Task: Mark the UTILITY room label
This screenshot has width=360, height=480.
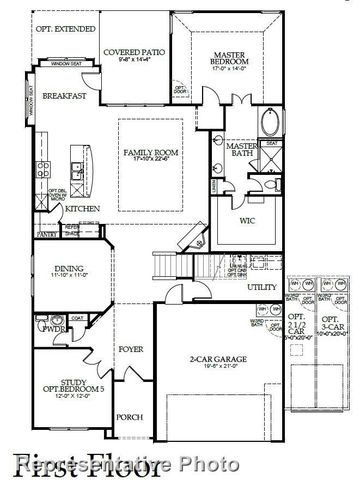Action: (262, 287)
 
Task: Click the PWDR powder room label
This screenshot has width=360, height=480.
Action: (50, 328)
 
